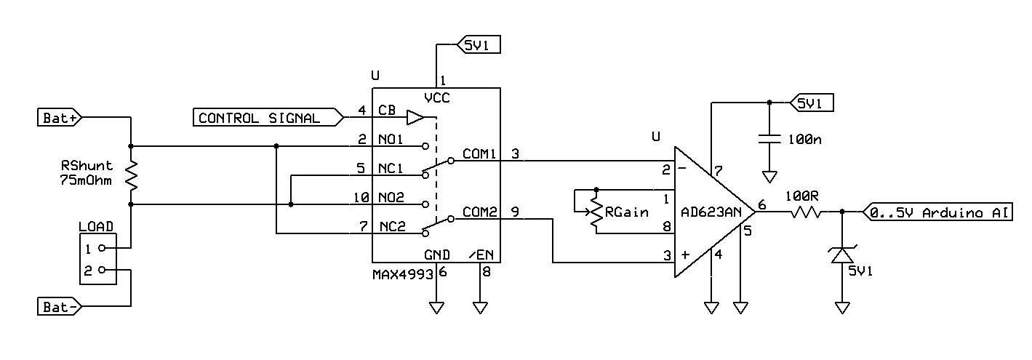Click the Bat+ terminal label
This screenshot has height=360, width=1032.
point(60,118)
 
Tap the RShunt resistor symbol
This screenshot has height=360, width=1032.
point(132,175)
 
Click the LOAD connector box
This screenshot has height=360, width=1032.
point(98,259)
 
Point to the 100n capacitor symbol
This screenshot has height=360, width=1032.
point(769,139)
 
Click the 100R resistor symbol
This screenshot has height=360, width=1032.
point(805,212)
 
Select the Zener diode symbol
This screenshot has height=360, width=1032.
point(842,255)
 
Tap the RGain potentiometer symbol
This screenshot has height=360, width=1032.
point(596,212)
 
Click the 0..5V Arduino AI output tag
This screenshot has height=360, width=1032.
point(937,212)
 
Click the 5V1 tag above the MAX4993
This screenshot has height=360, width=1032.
point(479,44)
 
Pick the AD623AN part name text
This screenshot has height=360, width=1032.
point(711,212)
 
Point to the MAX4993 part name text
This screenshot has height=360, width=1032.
point(403,275)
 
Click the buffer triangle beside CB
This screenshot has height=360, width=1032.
point(415,117)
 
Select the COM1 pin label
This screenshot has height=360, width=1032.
point(479,153)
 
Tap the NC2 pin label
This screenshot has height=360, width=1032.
point(393,226)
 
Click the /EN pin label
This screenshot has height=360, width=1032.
point(481,255)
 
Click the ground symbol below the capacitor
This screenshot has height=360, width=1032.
point(769,177)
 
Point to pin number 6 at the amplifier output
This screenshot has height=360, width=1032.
point(762,204)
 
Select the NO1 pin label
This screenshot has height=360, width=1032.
point(391,139)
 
